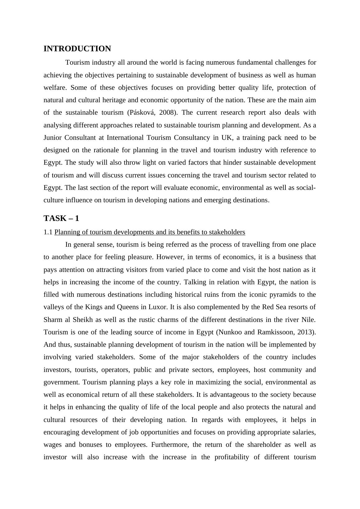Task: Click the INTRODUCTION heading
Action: pyautogui.click(x=77, y=49)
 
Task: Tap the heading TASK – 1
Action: pyautogui.click(x=61, y=218)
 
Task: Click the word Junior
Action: pyautogui.click(x=53, y=138)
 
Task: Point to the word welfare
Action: pyautogui.click(x=55, y=88)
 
